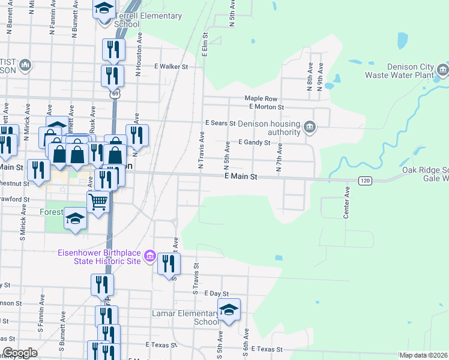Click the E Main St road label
point(241,177)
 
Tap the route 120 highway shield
point(364,180)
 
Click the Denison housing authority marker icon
point(310,127)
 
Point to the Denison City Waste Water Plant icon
point(442,70)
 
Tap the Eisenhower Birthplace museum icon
point(149,258)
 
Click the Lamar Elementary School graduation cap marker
point(229,310)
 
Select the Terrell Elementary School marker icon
point(104,8)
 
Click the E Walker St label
point(171,67)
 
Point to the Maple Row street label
point(261,98)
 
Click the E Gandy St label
point(255,143)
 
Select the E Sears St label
point(220,122)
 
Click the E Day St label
point(216,293)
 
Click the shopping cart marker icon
point(98,201)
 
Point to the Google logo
point(20,353)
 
